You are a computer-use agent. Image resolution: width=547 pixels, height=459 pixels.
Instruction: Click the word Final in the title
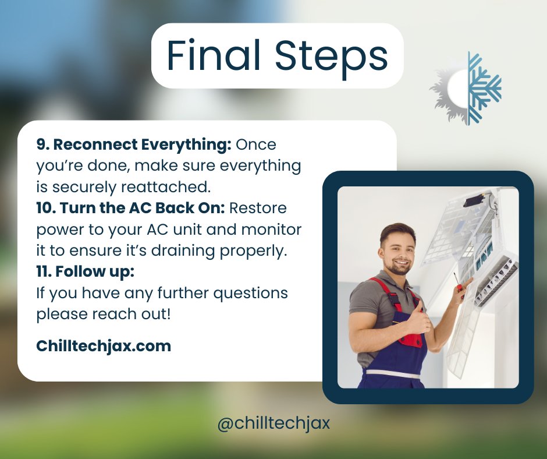click(x=213, y=57)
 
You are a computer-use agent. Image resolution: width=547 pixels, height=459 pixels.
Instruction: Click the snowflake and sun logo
click(x=466, y=88)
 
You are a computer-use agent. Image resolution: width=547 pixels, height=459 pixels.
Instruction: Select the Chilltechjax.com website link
click(x=104, y=346)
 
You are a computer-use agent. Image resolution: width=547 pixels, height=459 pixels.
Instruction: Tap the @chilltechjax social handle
click(x=273, y=423)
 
